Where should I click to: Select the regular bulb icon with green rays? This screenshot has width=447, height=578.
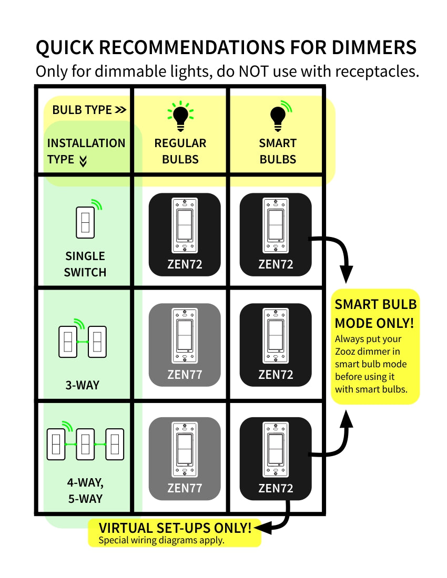180,116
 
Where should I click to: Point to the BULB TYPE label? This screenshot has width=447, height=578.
89,110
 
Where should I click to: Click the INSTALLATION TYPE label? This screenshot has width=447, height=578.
86,151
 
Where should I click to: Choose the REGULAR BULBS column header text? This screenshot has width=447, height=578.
180,151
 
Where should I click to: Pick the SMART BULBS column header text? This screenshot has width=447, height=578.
278,151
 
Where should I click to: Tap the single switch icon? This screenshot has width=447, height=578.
86,221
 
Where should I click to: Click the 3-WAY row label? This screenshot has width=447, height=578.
82,385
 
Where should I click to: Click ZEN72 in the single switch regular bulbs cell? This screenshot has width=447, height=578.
185,264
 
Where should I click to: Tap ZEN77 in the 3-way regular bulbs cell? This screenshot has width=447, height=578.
185,375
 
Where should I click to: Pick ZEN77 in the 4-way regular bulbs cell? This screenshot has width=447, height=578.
185,488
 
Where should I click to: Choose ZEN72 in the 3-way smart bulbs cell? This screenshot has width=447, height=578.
276,375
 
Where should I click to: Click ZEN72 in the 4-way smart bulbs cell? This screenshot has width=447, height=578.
276,488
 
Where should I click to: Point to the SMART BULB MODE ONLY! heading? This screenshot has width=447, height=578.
375,313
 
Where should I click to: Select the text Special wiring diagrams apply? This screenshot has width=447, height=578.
161,540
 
